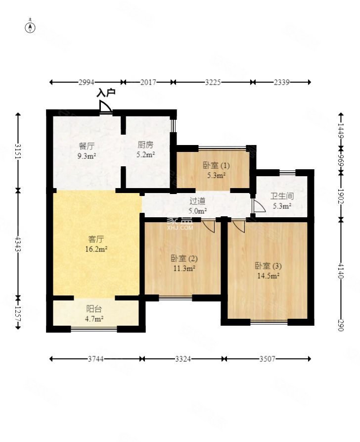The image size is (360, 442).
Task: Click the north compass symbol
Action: point(31,27)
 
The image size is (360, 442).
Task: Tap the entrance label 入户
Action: point(105,93)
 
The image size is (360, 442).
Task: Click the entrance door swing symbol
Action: point(105,108)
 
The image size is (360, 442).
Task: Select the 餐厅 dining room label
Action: point(87,146)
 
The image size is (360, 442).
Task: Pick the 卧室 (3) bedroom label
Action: point(268,266)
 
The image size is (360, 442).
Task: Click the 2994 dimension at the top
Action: point(86,82)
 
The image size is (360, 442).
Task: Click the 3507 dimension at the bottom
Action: point(267,359)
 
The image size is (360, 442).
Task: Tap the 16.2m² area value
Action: point(96,249)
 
